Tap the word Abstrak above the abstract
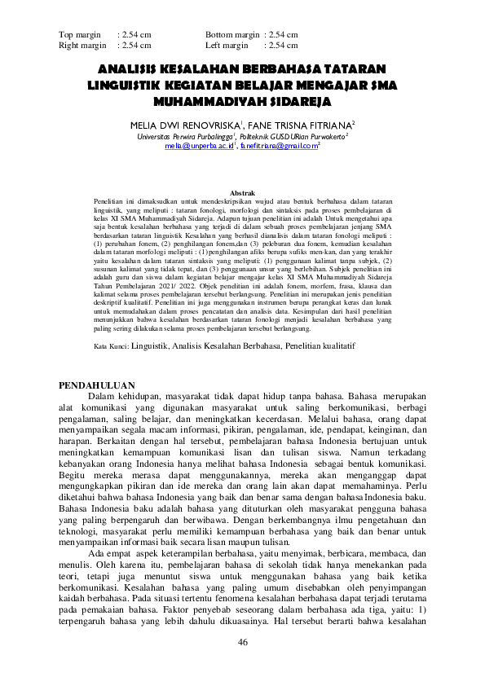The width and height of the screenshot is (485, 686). click(x=243, y=191)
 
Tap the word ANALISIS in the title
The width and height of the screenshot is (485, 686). click(x=131, y=70)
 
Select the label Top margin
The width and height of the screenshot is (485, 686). click(x=79, y=35)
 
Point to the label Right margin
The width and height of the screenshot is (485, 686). click(x=82, y=46)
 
